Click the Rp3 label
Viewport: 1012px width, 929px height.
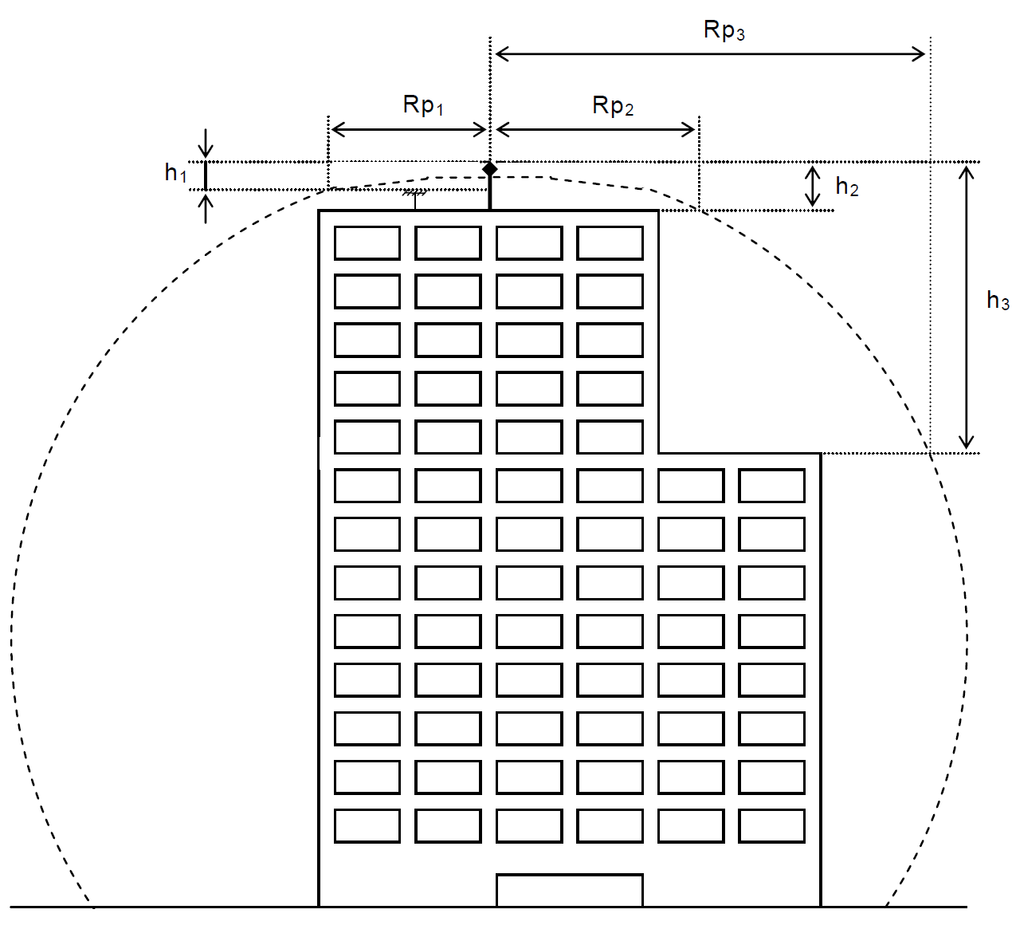pos(724,30)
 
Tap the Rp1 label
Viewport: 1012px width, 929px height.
pos(423,105)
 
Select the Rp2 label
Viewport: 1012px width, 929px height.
pos(613,106)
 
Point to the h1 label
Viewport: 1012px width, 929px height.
pos(175,172)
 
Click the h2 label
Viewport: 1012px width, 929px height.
pos(846,187)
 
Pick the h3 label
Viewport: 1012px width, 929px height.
pos(998,301)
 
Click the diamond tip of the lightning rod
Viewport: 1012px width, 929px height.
pos(490,168)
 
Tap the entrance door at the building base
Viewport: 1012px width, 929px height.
pos(569,890)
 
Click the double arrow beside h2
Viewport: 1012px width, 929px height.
pos(813,186)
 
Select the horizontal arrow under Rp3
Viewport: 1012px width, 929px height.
pos(710,54)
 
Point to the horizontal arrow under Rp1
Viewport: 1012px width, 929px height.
pos(409,129)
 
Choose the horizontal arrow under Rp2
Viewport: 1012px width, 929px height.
pos(595,129)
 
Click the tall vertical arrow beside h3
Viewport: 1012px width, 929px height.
pos(967,307)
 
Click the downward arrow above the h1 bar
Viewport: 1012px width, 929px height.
pos(206,144)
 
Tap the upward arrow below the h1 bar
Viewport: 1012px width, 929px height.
pos(206,207)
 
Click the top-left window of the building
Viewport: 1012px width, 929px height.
pos(367,243)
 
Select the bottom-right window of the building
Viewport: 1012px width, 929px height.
pos(771,826)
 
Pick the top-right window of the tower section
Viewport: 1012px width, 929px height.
pos(610,243)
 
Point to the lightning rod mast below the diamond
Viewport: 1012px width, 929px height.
pos(490,193)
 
